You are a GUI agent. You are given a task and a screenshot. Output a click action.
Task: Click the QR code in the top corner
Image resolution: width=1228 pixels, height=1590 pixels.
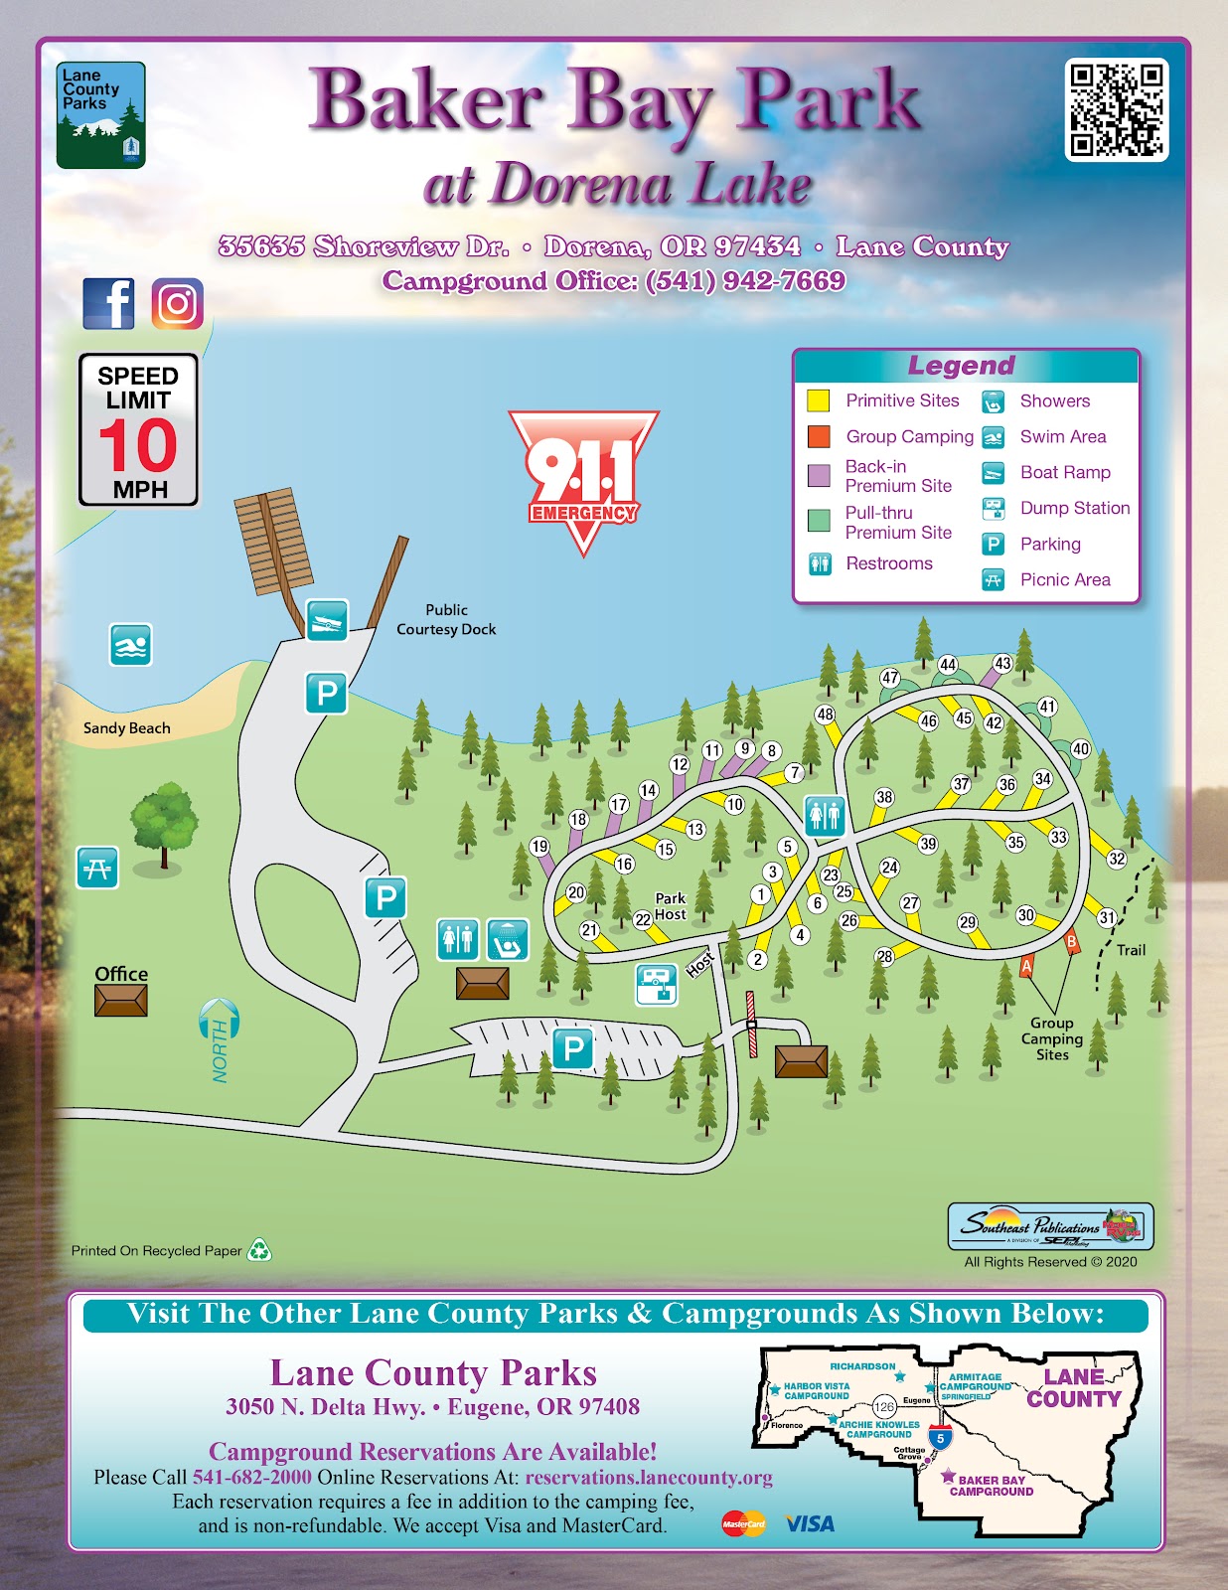pos(1116,109)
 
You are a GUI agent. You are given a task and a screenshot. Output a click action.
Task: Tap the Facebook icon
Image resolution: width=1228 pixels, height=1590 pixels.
pos(108,303)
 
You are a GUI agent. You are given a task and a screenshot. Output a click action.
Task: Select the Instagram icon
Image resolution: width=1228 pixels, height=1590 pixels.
pos(177,303)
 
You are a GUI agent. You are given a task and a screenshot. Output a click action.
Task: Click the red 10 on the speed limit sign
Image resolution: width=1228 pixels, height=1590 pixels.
pos(138,446)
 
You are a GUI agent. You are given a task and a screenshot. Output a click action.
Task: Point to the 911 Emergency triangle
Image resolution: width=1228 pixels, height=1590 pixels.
pos(583,477)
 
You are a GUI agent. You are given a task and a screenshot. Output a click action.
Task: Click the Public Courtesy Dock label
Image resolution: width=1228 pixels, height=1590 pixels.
pos(446,619)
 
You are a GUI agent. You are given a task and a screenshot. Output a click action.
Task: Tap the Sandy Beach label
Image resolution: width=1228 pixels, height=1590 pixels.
pos(126,728)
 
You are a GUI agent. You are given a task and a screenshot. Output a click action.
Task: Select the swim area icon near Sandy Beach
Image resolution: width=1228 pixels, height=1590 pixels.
pos(130,645)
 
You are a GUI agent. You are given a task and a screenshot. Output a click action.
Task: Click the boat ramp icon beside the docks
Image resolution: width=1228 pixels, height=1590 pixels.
pos(326,620)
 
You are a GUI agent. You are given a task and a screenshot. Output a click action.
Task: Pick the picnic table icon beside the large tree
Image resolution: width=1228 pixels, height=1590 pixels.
pos(97,868)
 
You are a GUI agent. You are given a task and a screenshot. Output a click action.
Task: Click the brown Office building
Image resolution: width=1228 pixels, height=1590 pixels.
pos(121,1000)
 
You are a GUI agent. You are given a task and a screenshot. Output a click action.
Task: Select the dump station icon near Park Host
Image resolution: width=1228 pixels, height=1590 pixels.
pos(656,984)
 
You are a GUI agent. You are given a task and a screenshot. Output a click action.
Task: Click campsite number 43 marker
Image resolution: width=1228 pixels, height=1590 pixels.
pos(1002,663)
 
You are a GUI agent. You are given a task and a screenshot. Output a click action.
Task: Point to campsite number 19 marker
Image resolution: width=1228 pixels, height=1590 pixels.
pos(539,847)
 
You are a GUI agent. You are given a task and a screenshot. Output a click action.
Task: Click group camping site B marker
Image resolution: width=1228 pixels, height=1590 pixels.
pos(1071,941)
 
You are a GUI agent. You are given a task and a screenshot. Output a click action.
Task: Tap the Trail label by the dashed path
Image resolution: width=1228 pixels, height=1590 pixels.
pos(1131,950)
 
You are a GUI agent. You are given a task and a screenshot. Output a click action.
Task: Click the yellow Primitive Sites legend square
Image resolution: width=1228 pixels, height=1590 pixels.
pos(818,400)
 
